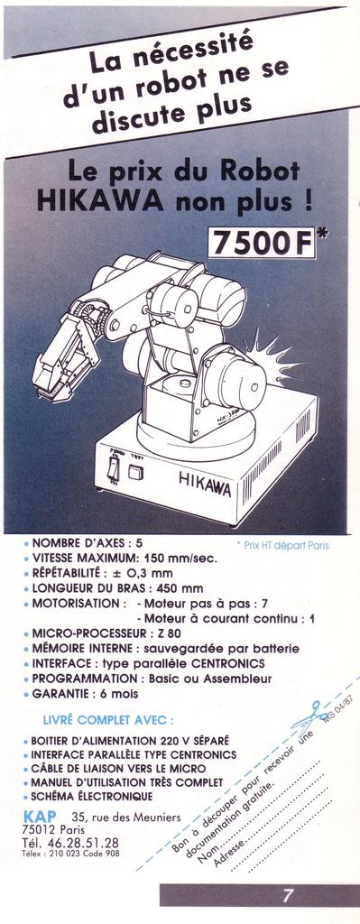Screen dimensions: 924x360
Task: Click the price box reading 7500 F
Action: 263,242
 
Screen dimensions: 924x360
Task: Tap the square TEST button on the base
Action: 136,470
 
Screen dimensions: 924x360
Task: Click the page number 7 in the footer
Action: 288,896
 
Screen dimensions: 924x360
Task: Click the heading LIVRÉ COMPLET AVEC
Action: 108,720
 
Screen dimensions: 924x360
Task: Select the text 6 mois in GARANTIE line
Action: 114,693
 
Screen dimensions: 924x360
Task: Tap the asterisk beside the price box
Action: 324,234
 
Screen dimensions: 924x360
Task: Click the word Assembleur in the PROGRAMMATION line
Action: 235,677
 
